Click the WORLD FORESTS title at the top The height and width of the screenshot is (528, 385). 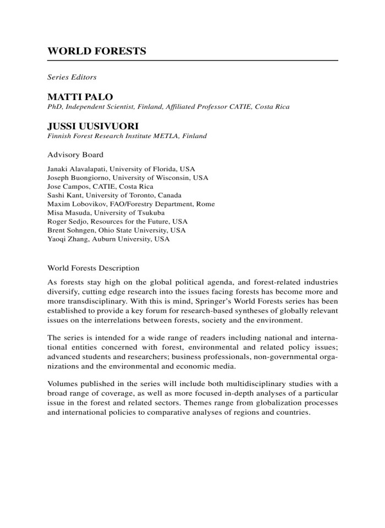[x=96, y=52]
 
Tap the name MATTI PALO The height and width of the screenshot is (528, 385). [x=80, y=97]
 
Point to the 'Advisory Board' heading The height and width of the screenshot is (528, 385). [x=75, y=155]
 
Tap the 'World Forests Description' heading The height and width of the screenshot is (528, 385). [x=94, y=268]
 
